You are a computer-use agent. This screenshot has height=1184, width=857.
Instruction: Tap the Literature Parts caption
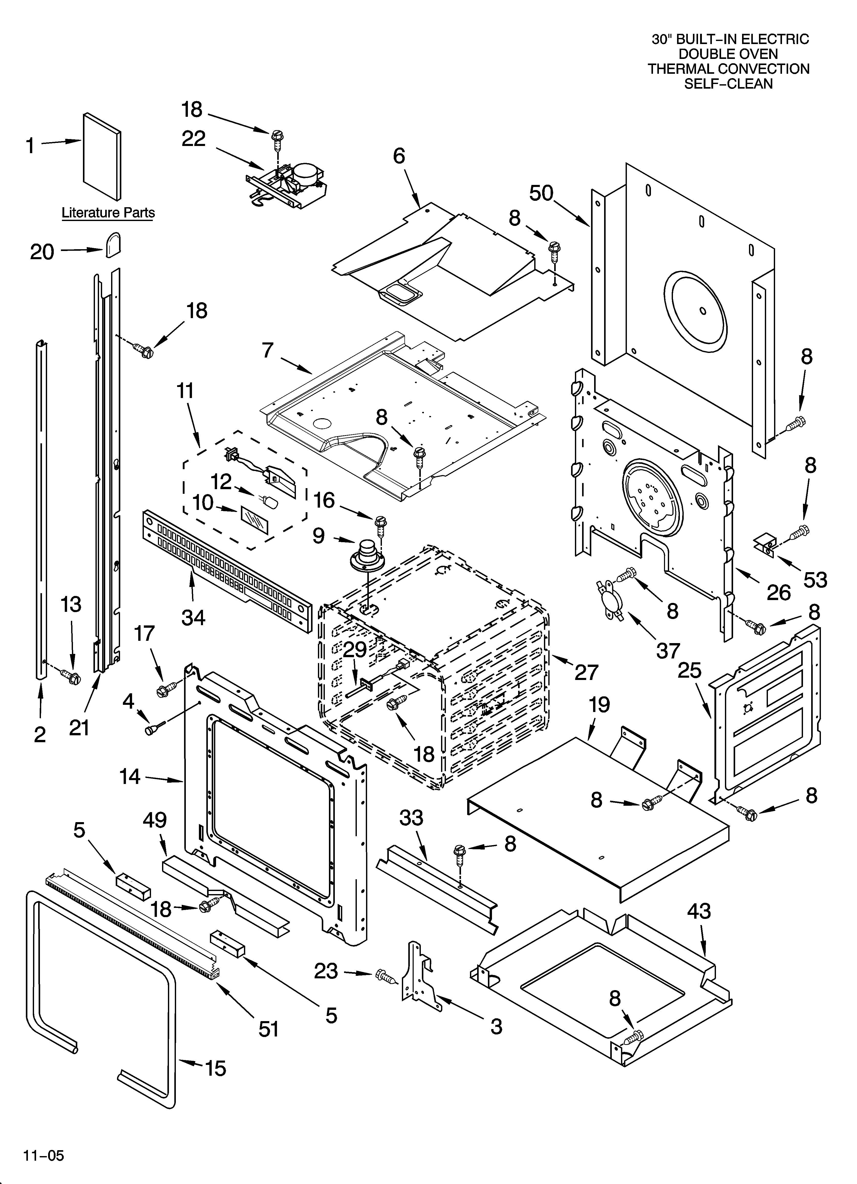tap(108, 213)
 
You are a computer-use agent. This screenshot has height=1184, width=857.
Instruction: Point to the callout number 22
tap(194, 139)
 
